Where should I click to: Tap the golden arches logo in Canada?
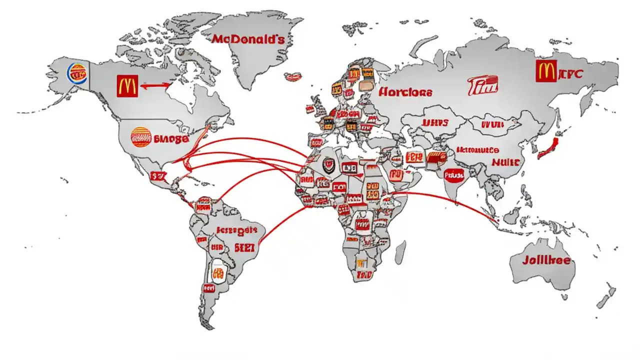pos(127,86)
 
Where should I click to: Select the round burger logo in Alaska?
pos(77,74)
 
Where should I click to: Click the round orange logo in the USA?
pos(141,137)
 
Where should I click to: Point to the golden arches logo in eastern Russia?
pos(545,71)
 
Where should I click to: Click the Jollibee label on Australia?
pos(546,260)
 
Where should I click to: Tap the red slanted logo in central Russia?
pos(483,85)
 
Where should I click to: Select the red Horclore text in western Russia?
pos(405,92)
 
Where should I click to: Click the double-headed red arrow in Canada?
pos(156,86)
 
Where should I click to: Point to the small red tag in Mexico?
pos(157,176)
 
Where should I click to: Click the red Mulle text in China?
pos(506,162)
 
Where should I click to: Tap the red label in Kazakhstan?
pos(434,122)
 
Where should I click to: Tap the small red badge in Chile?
pos(208,288)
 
